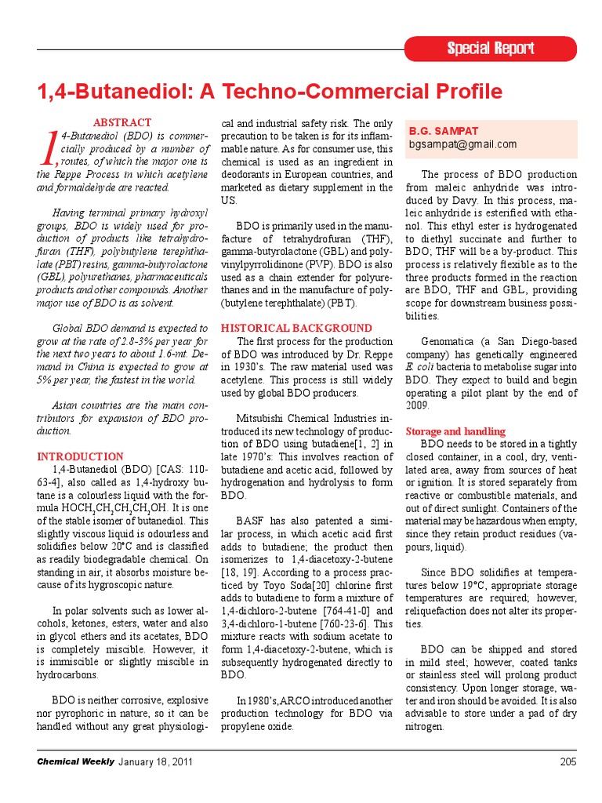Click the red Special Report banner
point(491,49)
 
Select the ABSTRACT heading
point(122,123)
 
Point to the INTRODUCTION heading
point(80,456)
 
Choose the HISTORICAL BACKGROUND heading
point(296,328)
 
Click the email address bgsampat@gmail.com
point(462,144)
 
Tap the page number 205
point(568,761)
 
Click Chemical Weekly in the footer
point(75,761)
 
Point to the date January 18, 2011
point(155,761)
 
